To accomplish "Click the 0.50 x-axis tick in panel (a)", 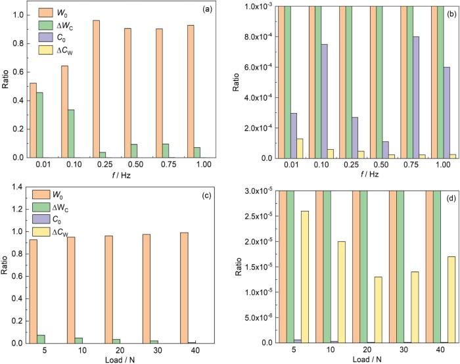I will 131,166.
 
